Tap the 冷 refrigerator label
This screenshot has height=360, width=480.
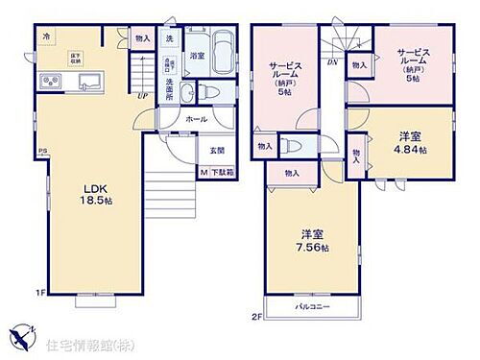46,37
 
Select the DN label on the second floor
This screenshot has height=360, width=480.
331,61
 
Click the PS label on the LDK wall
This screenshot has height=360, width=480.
41,151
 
